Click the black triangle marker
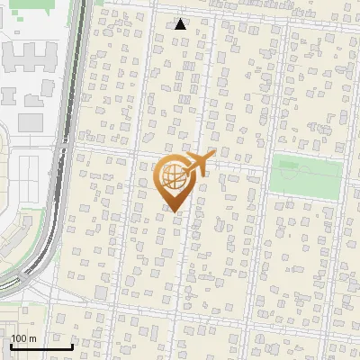(181, 24)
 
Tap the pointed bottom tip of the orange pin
(175, 211)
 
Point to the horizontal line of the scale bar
(41, 346)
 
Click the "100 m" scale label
(23, 338)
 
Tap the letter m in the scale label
(32, 338)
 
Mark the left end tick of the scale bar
(11, 345)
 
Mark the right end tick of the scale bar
(72, 345)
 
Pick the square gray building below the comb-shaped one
(31, 121)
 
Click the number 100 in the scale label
(19, 338)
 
